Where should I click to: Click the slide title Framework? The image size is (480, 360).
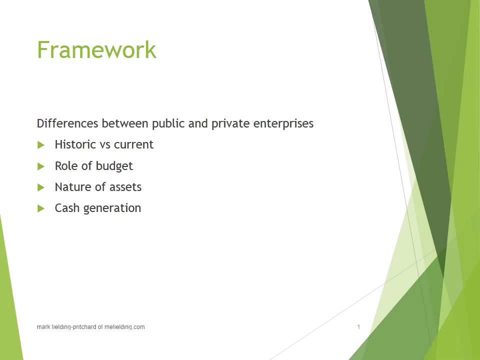pos(96,50)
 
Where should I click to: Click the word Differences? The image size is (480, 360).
pos(67,123)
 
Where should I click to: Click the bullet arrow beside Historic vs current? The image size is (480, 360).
pos(41,145)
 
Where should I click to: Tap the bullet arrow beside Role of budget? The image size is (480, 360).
pos(41,166)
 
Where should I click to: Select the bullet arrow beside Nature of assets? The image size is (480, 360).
pos(41,187)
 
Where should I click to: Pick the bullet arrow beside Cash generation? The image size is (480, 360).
pos(41,208)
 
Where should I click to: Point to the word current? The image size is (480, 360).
pos(133,144)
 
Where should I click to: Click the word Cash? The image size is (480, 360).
pos(67,208)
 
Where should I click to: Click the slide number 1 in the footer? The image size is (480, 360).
pos(358,327)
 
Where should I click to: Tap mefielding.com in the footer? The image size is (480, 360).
pos(124,327)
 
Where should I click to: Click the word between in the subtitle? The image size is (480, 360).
pos(125,123)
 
